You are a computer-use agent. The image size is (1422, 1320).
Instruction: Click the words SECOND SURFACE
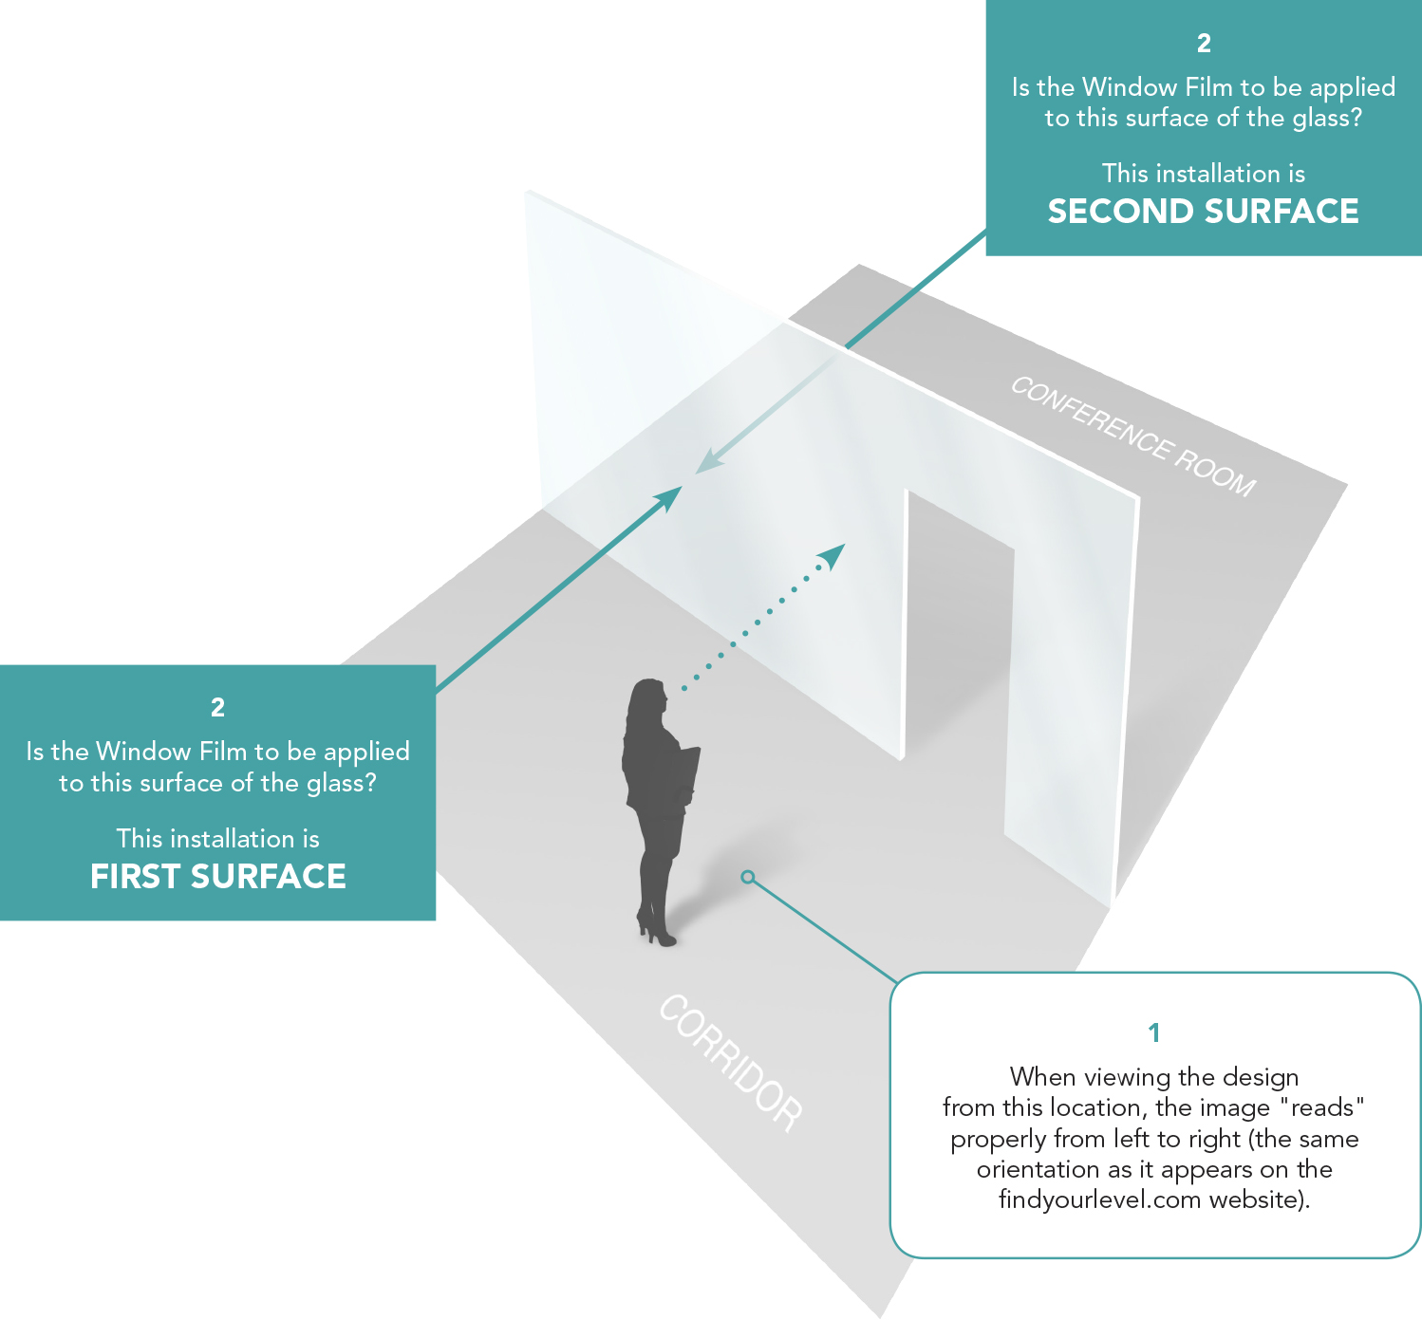(1203, 211)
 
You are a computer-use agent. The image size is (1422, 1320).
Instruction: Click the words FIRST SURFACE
(217, 876)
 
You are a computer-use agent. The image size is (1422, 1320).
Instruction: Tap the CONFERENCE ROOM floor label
(1132, 436)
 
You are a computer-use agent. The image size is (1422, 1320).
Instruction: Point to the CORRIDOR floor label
(731, 1062)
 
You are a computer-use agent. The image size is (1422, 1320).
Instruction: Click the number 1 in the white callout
(1153, 1032)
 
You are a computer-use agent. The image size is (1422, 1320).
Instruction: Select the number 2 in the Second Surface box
(1204, 43)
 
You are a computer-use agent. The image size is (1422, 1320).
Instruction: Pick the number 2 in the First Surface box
(217, 707)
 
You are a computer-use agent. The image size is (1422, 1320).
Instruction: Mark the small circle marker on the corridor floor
(748, 877)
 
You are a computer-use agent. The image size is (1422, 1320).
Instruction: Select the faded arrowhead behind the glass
(707, 462)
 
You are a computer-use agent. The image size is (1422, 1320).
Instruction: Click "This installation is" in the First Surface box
(217, 838)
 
